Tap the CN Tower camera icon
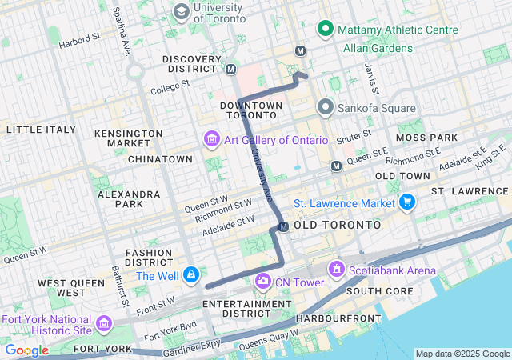(x=262, y=282)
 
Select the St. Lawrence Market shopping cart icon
(x=407, y=202)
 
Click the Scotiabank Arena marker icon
(x=335, y=270)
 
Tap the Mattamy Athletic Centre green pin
(x=326, y=30)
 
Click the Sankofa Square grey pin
(x=326, y=107)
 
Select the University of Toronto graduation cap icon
(x=182, y=12)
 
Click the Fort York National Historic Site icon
(x=104, y=324)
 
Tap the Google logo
(x=26, y=350)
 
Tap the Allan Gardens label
(x=378, y=48)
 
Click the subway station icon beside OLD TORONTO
(x=283, y=227)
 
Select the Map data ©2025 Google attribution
(x=462, y=354)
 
